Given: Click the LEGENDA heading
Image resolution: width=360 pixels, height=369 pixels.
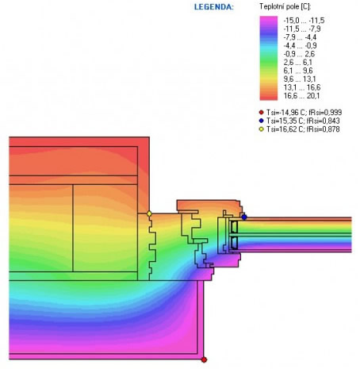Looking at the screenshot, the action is (x=214, y=7).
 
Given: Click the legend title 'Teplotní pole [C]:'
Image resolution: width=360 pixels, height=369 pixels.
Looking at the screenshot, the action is (x=285, y=6).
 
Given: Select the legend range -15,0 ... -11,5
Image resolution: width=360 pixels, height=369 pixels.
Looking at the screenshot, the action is (x=304, y=21).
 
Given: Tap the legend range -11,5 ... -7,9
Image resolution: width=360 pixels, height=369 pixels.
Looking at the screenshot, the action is (x=302, y=29).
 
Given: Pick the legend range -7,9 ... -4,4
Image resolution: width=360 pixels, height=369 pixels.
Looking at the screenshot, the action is (x=300, y=37).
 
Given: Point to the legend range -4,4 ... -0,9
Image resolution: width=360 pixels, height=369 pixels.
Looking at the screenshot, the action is (x=300, y=45).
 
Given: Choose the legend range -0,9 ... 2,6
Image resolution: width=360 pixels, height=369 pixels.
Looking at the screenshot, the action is (x=299, y=54).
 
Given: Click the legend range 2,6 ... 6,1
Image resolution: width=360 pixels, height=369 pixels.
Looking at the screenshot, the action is (x=298, y=63).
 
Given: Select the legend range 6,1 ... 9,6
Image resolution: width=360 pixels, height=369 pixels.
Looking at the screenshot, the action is (x=298, y=71).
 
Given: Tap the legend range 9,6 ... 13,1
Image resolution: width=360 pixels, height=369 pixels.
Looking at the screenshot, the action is (x=300, y=79).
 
